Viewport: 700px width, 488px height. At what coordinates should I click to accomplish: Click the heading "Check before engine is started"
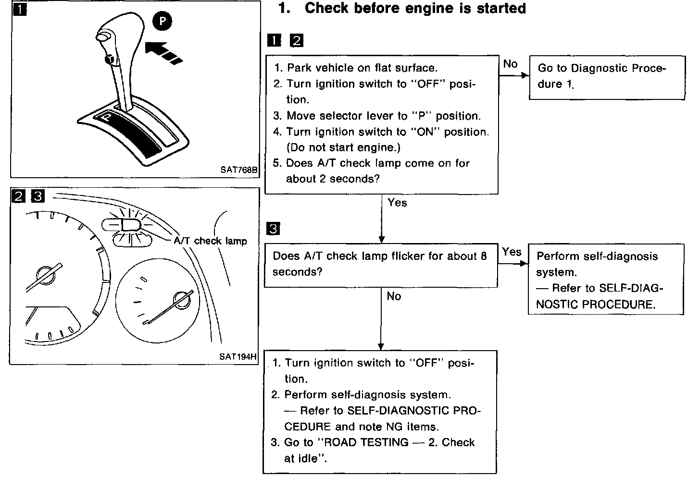415,9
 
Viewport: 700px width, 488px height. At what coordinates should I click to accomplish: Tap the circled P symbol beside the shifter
162,22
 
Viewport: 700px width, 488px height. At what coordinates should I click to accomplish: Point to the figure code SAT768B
239,170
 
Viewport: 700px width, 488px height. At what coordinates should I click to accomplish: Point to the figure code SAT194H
238,356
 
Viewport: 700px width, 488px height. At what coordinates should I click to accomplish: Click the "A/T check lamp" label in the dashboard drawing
210,241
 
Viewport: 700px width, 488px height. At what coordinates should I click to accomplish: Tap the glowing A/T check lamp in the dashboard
129,224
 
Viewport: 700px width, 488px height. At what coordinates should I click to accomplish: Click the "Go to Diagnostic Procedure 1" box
607,77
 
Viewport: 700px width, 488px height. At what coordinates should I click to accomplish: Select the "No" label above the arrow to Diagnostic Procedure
510,64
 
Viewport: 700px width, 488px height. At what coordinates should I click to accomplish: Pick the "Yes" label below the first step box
397,203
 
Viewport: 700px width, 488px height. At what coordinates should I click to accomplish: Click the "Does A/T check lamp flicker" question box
380,264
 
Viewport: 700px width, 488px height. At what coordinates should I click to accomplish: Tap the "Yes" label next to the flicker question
512,252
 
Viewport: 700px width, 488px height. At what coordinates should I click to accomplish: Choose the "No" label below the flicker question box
394,296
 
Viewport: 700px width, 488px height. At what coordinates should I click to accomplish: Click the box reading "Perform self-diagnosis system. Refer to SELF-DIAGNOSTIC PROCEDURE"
606,280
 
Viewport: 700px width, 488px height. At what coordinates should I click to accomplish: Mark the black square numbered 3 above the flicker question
273,229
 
